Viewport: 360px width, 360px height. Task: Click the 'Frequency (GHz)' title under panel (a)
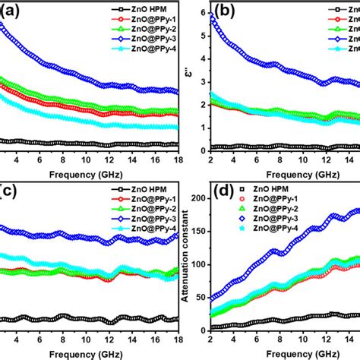coord(87,172)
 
